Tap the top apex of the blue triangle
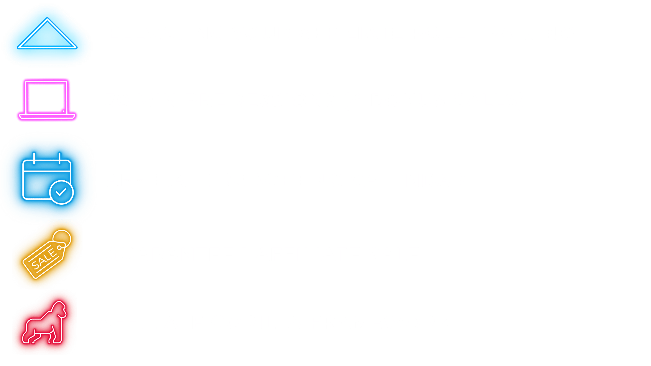point(47,18)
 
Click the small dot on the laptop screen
point(63,111)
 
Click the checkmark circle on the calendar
point(61,192)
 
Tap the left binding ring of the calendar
point(34,158)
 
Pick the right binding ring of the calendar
point(60,158)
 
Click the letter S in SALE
point(35,265)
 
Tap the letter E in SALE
point(53,253)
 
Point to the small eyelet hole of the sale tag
point(59,248)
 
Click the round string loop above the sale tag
point(62,230)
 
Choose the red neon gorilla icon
point(44,322)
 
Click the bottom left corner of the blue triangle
point(18,48)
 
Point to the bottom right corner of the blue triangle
point(77,48)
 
